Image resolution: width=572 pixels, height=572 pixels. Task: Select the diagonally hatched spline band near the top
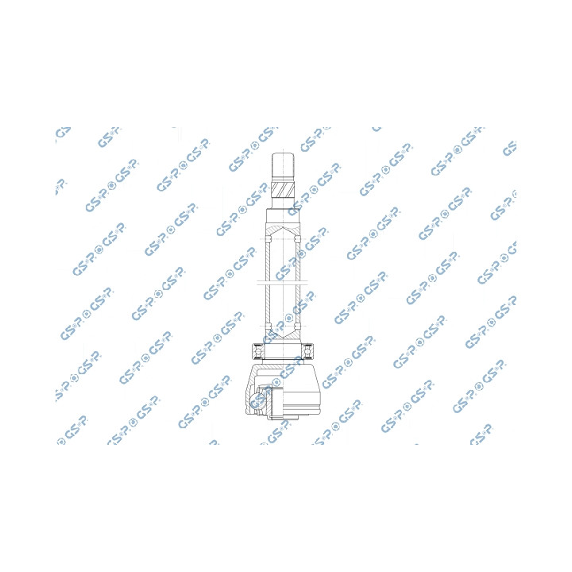tap(283, 188)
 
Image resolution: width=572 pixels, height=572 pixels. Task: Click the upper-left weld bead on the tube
tap(269, 239)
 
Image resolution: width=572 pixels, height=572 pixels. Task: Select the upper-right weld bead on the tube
tap(298, 239)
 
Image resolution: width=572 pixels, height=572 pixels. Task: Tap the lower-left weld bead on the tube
tap(269, 326)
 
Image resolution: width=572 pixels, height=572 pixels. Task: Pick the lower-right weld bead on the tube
tap(298, 326)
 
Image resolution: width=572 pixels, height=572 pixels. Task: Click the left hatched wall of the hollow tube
tap(267, 283)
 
